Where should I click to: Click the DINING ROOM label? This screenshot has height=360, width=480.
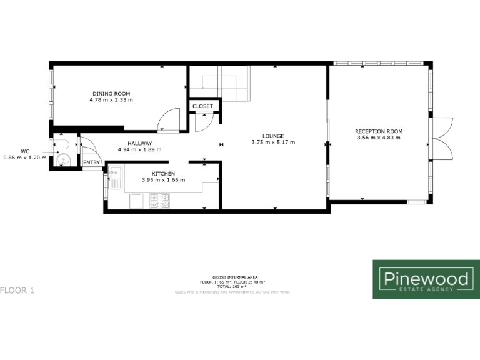[x=111, y=93]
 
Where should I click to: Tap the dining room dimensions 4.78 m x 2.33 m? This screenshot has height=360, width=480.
[x=111, y=100]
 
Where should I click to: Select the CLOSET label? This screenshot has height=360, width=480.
[x=202, y=106]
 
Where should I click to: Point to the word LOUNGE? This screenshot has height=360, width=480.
[x=273, y=136]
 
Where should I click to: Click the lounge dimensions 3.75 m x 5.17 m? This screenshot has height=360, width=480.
[x=273, y=142]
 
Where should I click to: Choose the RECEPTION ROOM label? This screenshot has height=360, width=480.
[x=379, y=131]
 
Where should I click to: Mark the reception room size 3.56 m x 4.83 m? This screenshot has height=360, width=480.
[x=379, y=137]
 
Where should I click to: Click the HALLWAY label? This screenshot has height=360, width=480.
[x=140, y=143]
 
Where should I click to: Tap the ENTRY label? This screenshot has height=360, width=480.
[x=91, y=163]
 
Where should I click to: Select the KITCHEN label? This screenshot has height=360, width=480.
[x=163, y=173]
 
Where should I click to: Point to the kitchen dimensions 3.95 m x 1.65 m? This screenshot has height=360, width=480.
[x=163, y=180]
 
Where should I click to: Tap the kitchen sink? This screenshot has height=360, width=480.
[x=116, y=174]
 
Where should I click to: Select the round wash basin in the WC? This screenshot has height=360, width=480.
[x=61, y=161]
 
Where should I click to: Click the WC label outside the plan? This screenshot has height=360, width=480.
[x=25, y=151]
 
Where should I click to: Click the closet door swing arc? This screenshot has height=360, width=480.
[x=202, y=123]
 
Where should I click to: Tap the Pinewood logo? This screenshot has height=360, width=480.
[x=426, y=279]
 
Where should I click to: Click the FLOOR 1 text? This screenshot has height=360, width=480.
[x=17, y=290]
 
